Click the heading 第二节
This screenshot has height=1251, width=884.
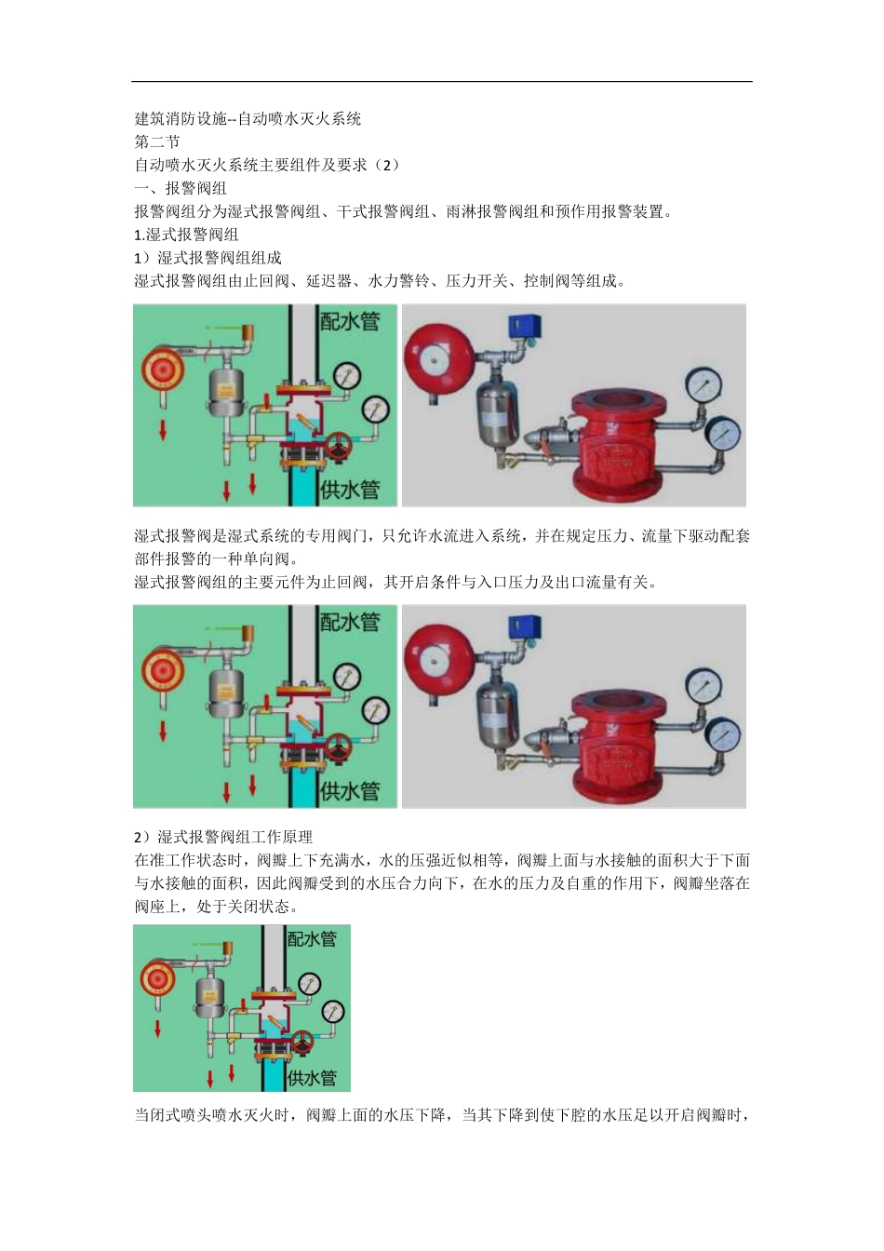[157, 141]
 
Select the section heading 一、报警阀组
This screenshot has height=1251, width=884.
[181, 188]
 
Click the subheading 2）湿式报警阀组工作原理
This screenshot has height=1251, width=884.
[223, 837]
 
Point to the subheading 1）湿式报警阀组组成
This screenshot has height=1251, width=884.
[208, 258]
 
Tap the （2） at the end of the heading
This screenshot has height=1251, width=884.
[384, 165]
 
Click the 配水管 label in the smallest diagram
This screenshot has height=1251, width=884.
[312, 938]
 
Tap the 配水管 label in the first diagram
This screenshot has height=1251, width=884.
[350, 321]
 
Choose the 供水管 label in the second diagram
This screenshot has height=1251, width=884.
[350, 791]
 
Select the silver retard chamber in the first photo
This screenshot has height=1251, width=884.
[496, 413]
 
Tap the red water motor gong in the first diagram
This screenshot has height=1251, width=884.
[163, 370]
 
